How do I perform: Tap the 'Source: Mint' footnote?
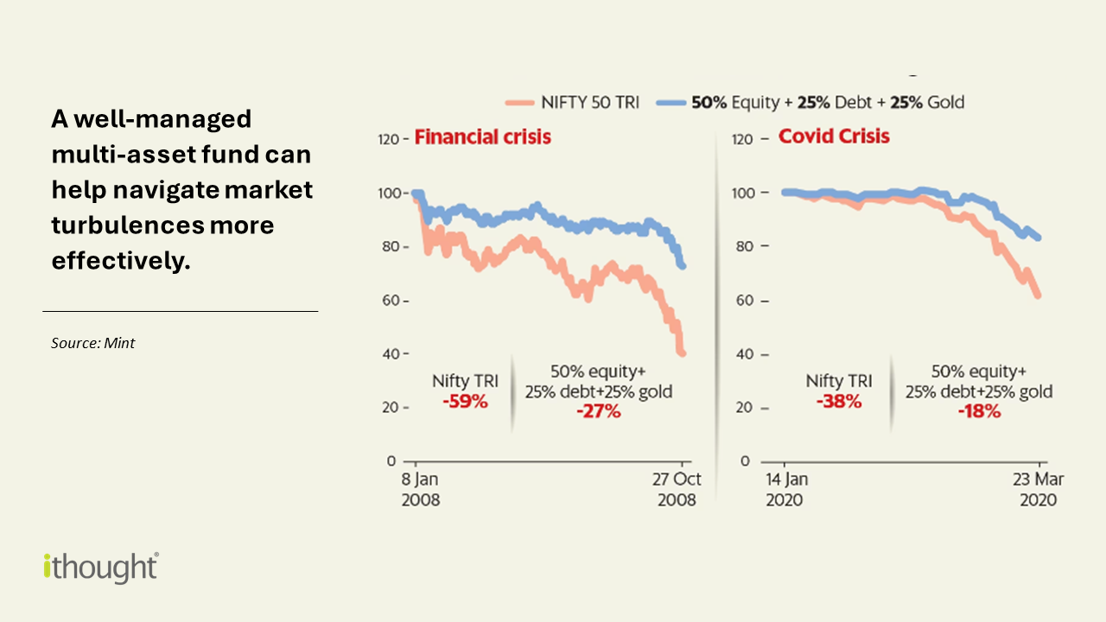coord(92,343)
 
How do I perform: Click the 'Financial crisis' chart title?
coord(482,136)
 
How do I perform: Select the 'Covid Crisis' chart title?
coord(834,136)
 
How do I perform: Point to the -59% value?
coord(466,402)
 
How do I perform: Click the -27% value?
coord(598,411)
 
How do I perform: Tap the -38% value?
coord(839,402)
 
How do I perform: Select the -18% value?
coord(979,411)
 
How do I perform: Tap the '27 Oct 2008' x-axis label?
coord(677,490)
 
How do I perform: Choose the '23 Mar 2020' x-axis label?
coord(1036,490)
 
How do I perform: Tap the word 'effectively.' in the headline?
coord(121,261)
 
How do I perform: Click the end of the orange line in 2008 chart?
coord(683,352)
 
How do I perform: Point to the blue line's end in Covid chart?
coord(1037,238)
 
